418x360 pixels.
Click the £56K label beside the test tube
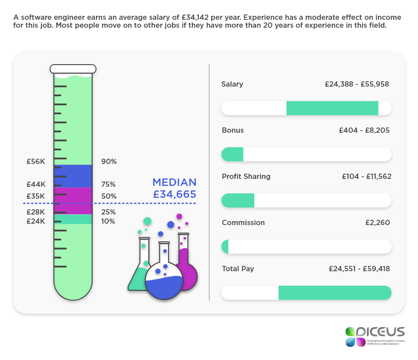36,161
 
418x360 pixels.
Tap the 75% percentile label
109,184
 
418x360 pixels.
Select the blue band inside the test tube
73,176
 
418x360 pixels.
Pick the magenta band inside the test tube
73,195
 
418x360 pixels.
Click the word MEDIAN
174,182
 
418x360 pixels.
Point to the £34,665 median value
175,194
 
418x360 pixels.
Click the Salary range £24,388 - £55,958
357,84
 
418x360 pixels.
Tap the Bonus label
233,130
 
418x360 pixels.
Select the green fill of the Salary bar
332,108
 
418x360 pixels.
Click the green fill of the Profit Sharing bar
238,200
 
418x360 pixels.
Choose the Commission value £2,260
377,222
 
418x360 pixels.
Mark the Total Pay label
238,269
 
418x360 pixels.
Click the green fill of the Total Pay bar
334,293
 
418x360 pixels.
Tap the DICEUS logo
374,336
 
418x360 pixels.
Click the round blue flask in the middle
164,281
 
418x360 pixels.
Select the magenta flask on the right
187,268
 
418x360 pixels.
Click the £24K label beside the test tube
36,221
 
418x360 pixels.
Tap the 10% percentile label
108,221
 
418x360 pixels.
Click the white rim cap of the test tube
73,69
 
